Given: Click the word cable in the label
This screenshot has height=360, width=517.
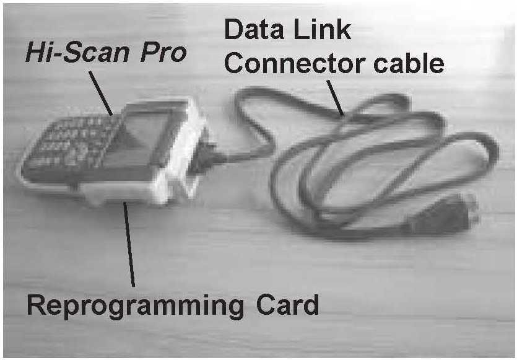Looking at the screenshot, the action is pyautogui.click(x=414, y=63).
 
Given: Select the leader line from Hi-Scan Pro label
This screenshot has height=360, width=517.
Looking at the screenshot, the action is pyautogui.click(x=101, y=93).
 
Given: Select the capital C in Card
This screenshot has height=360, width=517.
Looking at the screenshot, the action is pyautogui.click(x=261, y=304).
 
